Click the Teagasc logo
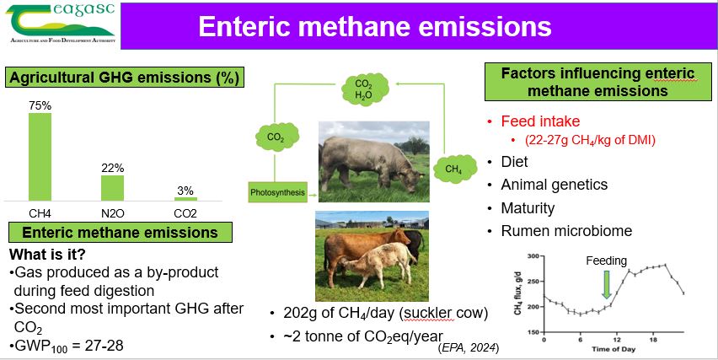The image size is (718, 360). [x=61, y=24]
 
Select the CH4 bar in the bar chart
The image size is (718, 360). [x=40, y=157]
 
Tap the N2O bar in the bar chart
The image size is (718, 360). [x=113, y=188]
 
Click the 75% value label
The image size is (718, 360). [x=40, y=105]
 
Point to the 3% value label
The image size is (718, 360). [x=185, y=191]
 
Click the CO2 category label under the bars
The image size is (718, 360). [x=185, y=213]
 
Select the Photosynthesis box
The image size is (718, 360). [x=277, y=192]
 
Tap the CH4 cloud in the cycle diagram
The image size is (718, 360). [x=454, y=169]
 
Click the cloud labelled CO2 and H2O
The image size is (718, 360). [x=364, y=89]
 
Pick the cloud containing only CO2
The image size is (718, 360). [x=276, y=137]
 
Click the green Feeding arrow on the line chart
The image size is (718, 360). [x=607, y=284]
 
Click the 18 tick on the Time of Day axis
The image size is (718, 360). [x=653, y=341]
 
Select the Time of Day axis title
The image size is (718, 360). [x=614, y=349]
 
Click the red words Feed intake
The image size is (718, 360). [x=540, y=121]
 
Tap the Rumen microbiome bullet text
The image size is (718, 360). [x=566, y=230]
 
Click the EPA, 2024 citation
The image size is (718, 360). [x=469, y=348]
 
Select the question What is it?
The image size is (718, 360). [x=48, y=255]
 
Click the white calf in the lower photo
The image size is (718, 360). [x=378, y=264]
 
